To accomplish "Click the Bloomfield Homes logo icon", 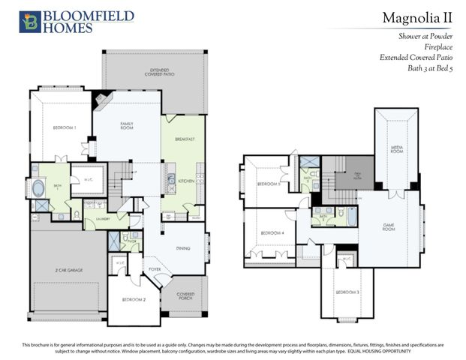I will pos(29,21).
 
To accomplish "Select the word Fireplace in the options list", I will pos(438,46).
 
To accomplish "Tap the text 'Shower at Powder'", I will pos(425,35).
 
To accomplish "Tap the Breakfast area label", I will pos(184,139).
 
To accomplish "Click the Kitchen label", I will pos(186,181).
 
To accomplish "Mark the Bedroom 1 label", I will pos(65,128).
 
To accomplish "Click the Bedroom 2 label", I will pos(134,299).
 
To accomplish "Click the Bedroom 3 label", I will pos(346,291).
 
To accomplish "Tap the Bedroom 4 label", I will pos(272,233).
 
